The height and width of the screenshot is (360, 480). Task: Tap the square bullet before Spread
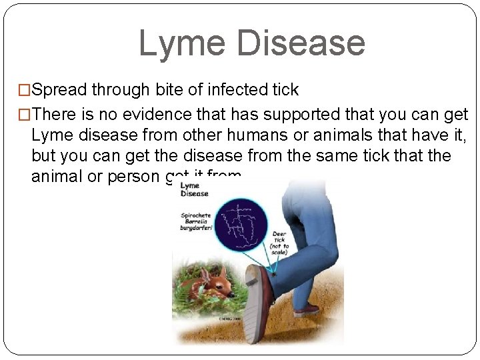(x=26, y=90)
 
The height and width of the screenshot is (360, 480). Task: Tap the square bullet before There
(x=26, y=115)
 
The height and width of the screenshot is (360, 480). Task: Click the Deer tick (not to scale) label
(x=279, y=243)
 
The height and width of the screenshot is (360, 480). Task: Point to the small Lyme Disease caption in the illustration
(x=195, y=189)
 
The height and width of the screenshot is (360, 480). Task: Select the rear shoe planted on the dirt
(x=306, y=309)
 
